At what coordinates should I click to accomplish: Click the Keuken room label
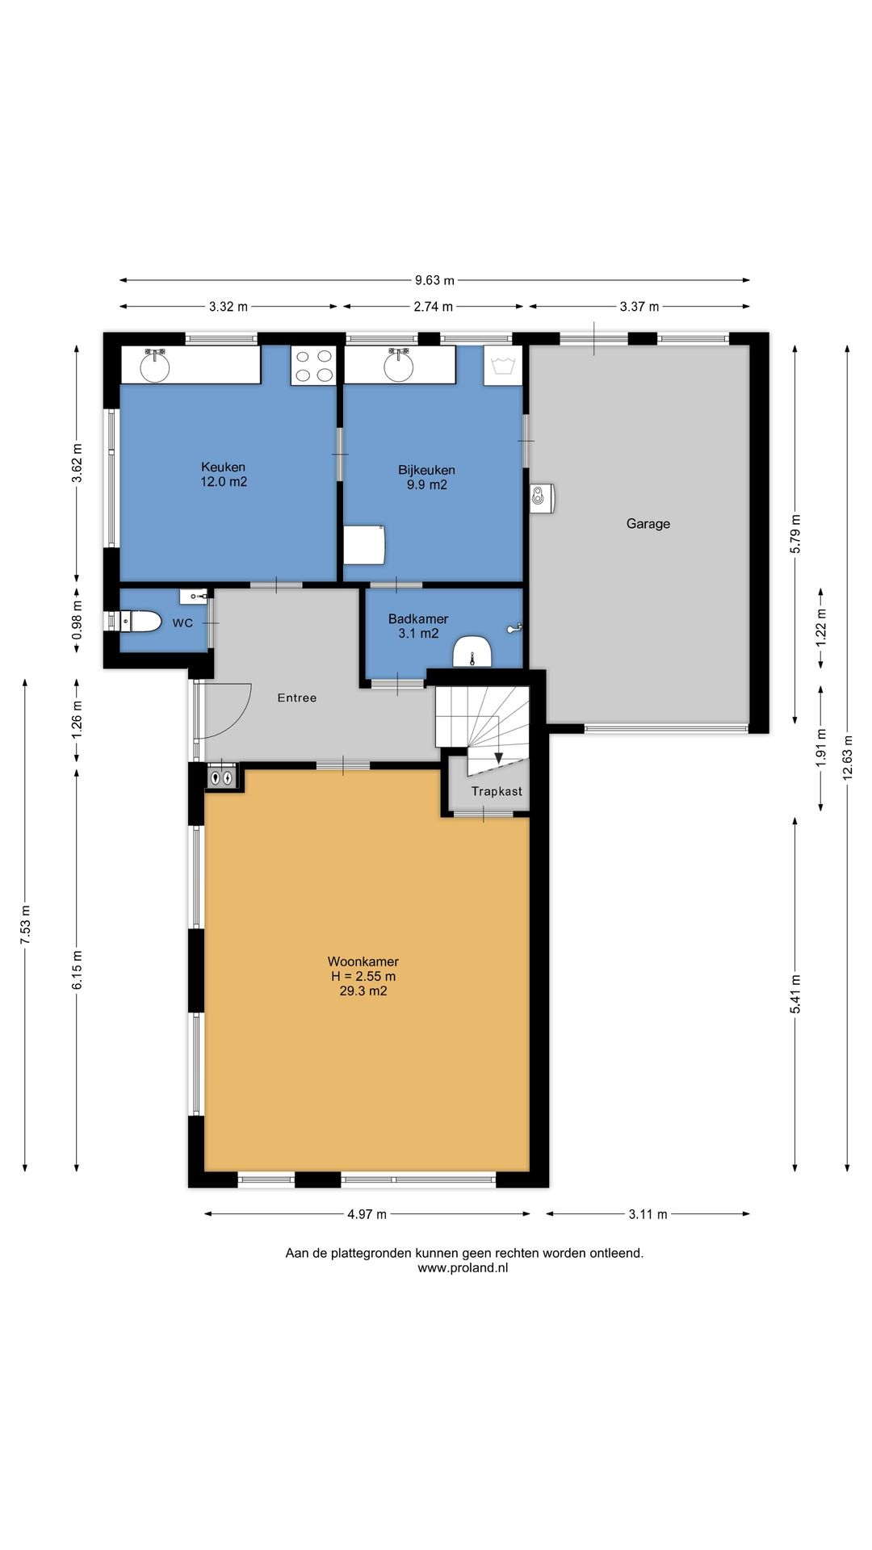point(224,467)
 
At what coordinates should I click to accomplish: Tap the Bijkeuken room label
point(426,470)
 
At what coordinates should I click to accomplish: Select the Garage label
point(648,524)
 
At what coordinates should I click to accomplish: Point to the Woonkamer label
point(363,961)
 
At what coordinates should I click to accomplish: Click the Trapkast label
point(497,791)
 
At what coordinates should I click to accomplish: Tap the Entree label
point(297,697)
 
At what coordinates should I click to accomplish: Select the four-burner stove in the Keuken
point(313,365)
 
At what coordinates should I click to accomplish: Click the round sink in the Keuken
point(155,366)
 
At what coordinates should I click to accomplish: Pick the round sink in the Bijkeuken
point(399,366)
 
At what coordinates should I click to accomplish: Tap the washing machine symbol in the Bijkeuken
point(503,366)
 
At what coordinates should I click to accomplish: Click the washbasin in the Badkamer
point(472,651)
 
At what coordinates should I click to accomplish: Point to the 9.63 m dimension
point(435,281)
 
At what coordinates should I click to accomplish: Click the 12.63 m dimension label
point(847,757)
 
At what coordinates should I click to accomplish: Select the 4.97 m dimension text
point(367,1214)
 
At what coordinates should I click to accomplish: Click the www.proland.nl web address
point(463,1267)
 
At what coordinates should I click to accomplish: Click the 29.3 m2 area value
point(363,991)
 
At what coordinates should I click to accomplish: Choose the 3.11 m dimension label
point(648,1214)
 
